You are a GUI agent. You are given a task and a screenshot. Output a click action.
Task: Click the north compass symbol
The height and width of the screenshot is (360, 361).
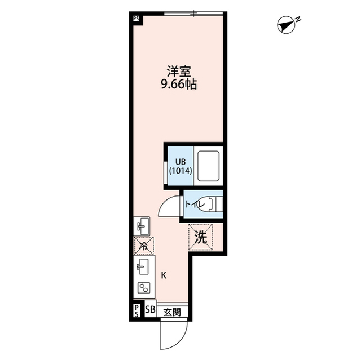[287, 25]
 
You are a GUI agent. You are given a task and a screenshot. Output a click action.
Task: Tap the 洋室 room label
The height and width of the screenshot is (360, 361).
[179, 72]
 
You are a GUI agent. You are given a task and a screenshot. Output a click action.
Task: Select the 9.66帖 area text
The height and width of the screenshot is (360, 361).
[179, 85]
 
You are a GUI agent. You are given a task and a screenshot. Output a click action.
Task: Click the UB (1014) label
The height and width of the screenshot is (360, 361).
[180, 166]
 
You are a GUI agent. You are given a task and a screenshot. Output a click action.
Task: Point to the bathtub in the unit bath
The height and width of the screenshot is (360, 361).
[208, 166]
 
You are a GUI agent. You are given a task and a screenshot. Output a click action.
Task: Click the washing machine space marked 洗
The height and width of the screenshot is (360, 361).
[200, 237]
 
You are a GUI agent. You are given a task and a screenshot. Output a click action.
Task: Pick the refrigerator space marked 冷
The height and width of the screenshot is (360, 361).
[144, 246]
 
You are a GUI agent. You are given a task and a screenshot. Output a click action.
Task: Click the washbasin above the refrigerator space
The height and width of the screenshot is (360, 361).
[142, 226]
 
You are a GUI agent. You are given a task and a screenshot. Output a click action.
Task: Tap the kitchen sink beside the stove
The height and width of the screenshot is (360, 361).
[143, 266]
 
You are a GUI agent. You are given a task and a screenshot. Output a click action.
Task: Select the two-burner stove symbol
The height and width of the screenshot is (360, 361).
[144, 287]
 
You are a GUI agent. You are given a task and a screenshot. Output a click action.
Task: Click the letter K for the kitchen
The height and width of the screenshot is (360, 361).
[164, 275]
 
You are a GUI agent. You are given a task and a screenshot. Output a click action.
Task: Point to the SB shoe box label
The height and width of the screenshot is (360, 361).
[151, 310]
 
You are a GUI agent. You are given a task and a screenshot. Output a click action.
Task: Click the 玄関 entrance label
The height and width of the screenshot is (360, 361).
[172, 312]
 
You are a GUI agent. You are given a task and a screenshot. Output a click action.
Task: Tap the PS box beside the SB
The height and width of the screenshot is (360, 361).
[137, 310]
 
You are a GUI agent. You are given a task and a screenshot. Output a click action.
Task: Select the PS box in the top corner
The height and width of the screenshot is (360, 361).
[136, 19]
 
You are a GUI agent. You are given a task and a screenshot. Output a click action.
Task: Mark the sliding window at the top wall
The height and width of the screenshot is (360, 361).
[193, 14]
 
